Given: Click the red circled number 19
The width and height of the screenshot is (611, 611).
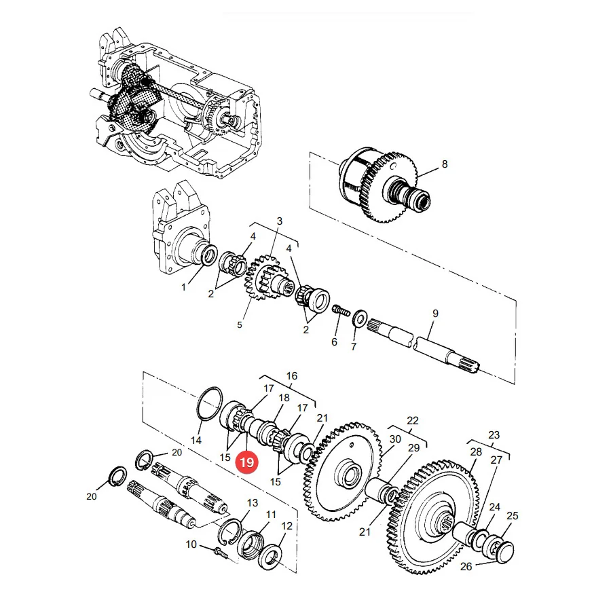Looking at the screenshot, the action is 246,462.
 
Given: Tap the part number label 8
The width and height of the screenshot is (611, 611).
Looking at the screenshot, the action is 445,164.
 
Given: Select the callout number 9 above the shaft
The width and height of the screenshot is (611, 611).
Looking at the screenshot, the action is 435,313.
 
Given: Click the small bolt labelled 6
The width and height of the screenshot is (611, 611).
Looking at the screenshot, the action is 340,312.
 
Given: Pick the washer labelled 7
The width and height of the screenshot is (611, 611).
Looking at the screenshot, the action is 359,319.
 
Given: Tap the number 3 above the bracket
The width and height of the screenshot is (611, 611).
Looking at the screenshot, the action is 280,221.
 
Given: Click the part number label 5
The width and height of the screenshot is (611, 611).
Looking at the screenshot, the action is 239,325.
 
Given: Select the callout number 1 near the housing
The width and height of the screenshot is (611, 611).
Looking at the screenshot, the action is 183,287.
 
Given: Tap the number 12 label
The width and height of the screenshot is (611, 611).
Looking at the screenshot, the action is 286,525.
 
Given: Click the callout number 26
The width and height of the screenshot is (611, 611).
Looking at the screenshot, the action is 466,566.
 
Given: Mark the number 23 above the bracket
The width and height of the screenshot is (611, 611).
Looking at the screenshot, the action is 494,434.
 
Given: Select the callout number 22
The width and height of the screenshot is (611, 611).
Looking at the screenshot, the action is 412,420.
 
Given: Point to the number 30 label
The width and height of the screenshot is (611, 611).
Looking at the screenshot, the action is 395,439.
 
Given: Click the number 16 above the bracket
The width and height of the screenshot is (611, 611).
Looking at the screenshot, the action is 291,375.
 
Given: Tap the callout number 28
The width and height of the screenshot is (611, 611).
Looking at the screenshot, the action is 476,451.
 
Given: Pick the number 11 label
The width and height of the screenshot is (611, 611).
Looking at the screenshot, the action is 271,515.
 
